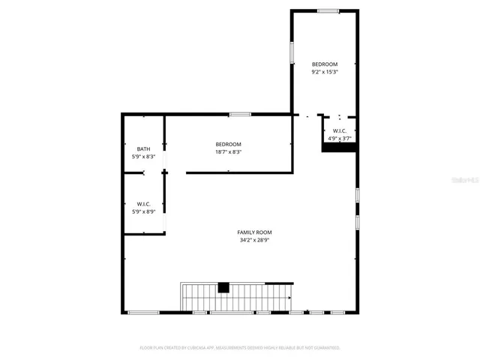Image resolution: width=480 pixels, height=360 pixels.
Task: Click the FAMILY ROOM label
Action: click(x=254, y=232)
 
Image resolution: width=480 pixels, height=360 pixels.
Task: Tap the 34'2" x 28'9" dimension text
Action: click(x=254, y=241)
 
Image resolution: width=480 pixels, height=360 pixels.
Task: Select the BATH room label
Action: click(x=143, y=148)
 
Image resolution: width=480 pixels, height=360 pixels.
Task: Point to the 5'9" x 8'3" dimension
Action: click(x=143, y=156)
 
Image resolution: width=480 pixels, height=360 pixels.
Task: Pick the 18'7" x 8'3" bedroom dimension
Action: click(x=228, y=152)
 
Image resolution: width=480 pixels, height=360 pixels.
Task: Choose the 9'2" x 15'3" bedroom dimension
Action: click(x=325, y=73)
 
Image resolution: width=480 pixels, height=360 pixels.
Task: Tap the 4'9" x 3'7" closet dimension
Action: click(x=340, y=139)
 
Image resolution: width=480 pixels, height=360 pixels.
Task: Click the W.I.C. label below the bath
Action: click(x=143, y=204)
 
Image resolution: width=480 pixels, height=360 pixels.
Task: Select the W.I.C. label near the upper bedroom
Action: click(x=340, y=131)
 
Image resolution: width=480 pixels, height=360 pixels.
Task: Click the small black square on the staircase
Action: click(x=223, y=286)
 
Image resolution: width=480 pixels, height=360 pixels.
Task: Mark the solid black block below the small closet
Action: click(x=338, y=148)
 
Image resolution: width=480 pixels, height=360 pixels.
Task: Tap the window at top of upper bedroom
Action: click(x=327, y=10)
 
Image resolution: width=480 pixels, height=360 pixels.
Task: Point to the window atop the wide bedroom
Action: click(x=240, y=114)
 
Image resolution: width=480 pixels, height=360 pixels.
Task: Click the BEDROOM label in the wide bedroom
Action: click(x=228, y=144)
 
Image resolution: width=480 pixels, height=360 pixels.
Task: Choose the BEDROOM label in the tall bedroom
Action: click(x=325, y=64)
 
